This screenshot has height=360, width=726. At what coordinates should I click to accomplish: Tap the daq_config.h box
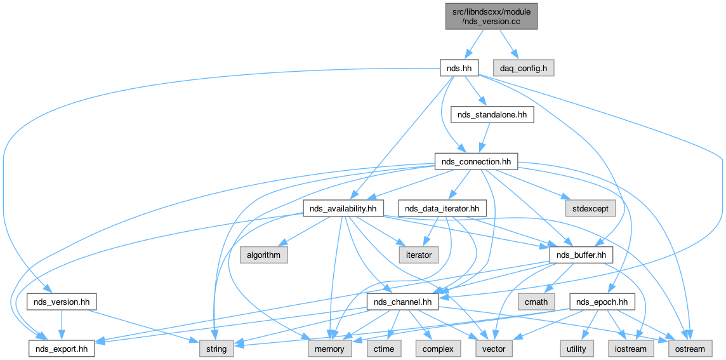(x=524, y=67)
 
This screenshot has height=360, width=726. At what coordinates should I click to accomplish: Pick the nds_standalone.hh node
(x=492, y=114)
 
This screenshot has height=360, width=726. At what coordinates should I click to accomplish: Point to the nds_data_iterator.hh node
(x=442, y=208)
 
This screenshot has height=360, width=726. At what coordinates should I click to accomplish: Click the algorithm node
(x=263, y=255)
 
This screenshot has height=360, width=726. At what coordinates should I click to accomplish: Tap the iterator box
(x=419, y=255)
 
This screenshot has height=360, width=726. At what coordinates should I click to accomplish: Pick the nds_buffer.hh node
(x=581, y=255)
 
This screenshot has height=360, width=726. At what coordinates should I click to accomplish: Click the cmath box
(x=536, y=301)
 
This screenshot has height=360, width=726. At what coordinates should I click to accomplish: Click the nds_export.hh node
(x=62, y=348)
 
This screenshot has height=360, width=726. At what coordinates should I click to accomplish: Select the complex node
(x=438, y=348)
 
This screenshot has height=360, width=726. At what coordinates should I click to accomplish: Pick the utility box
(x=577, y=348)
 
